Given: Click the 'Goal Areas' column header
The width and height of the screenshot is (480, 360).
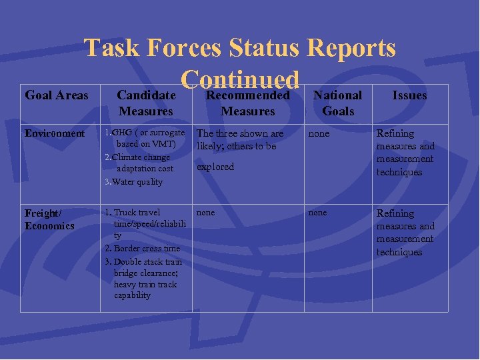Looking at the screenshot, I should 56,95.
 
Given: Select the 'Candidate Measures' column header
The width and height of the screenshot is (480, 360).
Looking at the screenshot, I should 145,103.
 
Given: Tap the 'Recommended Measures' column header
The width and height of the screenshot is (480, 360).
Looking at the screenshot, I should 247,103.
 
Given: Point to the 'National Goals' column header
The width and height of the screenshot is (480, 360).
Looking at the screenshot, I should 338,103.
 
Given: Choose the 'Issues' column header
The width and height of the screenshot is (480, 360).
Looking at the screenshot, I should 409,95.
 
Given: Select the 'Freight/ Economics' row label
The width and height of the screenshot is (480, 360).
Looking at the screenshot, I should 49,219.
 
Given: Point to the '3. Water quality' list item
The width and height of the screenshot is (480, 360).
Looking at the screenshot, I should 133,181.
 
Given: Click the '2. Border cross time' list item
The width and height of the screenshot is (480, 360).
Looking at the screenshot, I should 143,248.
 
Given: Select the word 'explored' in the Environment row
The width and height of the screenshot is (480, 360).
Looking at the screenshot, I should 215,167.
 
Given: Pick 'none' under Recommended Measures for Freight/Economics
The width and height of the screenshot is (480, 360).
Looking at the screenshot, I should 206,213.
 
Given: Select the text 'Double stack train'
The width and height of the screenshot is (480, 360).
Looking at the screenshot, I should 147,261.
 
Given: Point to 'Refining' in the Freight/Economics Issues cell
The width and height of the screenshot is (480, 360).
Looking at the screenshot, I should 395,213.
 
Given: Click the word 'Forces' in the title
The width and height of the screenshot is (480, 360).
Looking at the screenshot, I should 183,48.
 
